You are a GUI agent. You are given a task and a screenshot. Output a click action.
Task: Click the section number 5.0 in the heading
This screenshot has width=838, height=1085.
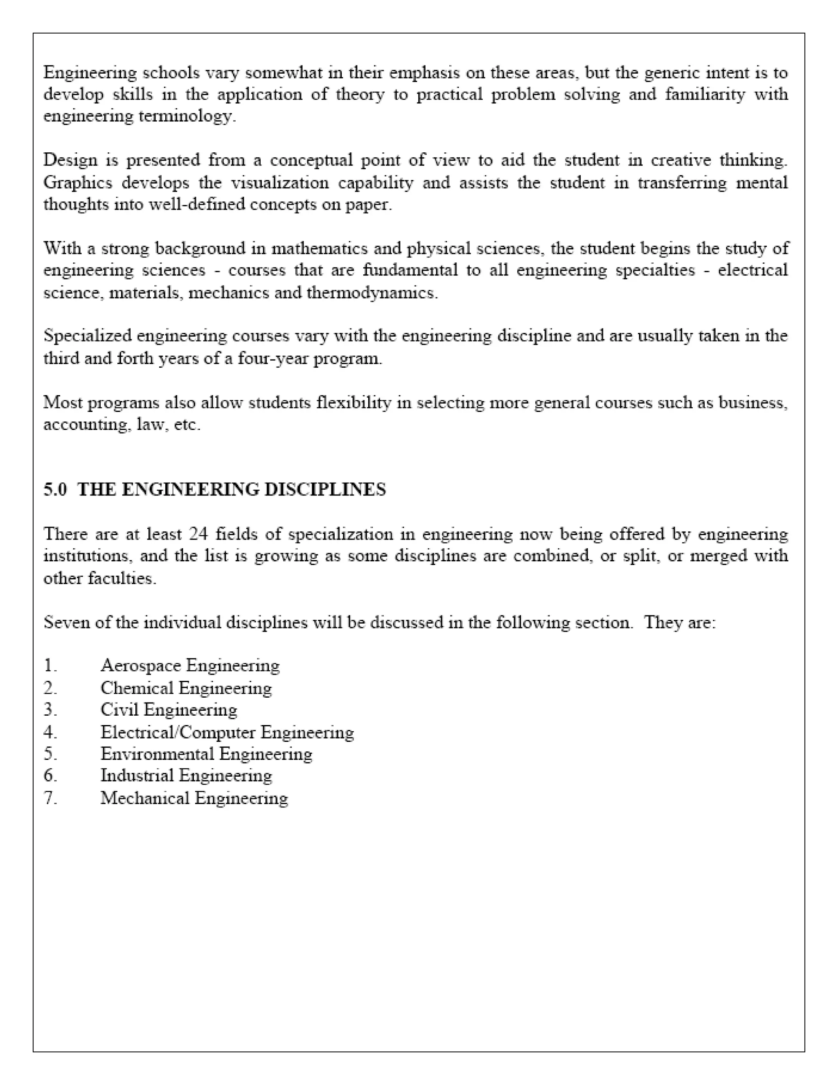tap(54, 489)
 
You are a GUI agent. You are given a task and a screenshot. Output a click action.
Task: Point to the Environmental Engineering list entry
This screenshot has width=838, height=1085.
tap(206, 754)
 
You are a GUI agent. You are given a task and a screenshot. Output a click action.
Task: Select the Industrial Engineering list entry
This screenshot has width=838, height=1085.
tap(186, 775)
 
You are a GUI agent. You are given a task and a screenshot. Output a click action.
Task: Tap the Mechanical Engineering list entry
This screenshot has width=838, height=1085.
tap(194, 798)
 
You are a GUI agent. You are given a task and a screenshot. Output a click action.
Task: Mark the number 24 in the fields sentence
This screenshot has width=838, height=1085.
tap(198, 533)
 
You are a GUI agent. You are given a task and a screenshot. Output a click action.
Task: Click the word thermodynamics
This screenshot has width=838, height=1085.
tap(372, 293)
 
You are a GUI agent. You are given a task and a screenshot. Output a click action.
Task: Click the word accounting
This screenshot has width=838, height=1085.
tap(85, 425)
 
